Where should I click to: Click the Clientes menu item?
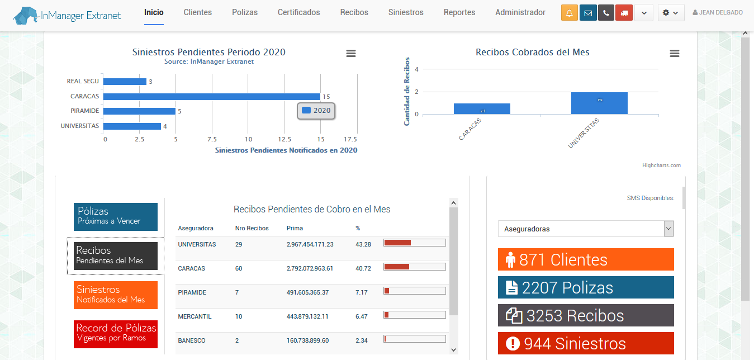197,12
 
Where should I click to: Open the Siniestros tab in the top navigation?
406,12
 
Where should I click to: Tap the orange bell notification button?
570,13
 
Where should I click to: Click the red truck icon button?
624,13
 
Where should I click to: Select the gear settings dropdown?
671,13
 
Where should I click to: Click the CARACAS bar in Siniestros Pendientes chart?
211,96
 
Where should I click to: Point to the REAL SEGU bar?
125,82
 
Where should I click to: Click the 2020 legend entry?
316,111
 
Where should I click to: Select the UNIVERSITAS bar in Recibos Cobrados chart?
599,103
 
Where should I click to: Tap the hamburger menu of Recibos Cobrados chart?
675,53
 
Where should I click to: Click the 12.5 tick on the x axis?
284,139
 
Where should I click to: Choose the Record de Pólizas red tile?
116,333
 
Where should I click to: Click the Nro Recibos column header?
252,228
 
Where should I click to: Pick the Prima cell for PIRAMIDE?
307,292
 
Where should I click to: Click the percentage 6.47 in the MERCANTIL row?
362,316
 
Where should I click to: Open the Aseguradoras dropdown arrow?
668,229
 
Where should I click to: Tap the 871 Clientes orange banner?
586,259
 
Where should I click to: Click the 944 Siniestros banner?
586,343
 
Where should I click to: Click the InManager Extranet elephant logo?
27,16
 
